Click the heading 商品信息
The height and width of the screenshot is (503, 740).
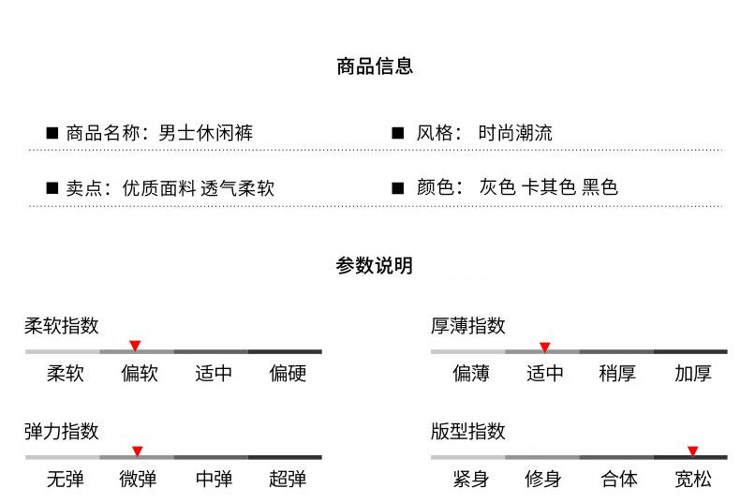(x=375, y=67)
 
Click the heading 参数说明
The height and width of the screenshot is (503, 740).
(x=375, y=266)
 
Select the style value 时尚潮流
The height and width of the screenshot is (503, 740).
(x=514, y=133)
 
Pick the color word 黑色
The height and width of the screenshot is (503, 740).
(x=599, y=187)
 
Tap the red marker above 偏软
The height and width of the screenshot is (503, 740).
(x=135, y=346)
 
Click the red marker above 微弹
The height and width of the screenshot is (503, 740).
(x=137, y=451)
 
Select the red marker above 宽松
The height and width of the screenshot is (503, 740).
(x=692, y=451)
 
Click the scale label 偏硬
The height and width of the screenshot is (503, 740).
(x=288, y=374)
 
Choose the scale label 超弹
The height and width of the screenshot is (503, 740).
(x=288, y=480)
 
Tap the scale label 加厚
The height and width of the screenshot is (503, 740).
(x=692, y=374)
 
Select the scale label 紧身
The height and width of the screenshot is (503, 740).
(x=470, y=480)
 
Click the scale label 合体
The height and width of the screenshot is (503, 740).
(x=618, y=480)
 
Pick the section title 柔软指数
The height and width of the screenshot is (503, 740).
(x=61, y=326)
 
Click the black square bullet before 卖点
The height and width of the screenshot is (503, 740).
(x=52, y=188)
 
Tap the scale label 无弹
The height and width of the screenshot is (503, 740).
(x=65, y=480)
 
